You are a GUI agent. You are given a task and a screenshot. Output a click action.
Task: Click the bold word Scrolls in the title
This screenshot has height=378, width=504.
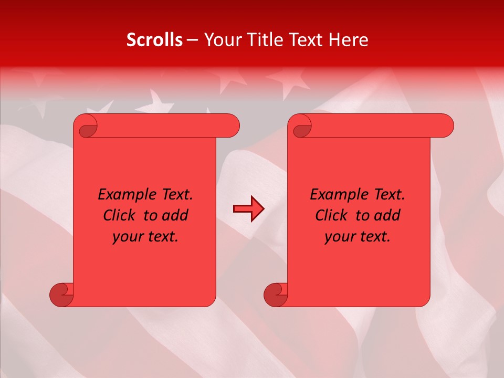click(x=155, y=40)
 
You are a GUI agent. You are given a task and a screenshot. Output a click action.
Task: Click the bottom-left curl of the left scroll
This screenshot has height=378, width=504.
click(x=61, y=294)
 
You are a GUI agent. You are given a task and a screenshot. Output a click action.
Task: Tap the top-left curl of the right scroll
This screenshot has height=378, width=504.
click(x=302, y=127)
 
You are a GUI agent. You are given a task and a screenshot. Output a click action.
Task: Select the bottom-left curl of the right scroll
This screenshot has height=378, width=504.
click(x=275, y=294)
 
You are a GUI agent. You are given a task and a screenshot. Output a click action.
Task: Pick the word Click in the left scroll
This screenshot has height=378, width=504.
click(x=120, y=216)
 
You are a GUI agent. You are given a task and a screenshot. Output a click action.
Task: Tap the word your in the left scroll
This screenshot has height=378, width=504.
click(x=128, y=237)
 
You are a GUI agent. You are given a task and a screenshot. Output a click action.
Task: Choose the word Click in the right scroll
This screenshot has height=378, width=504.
click(x=332, y=216)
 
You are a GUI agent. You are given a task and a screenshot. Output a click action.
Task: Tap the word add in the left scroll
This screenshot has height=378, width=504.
click(x=175, y=216)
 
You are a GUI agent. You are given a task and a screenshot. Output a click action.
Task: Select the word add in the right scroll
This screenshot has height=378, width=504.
click(x=387, y=216)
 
